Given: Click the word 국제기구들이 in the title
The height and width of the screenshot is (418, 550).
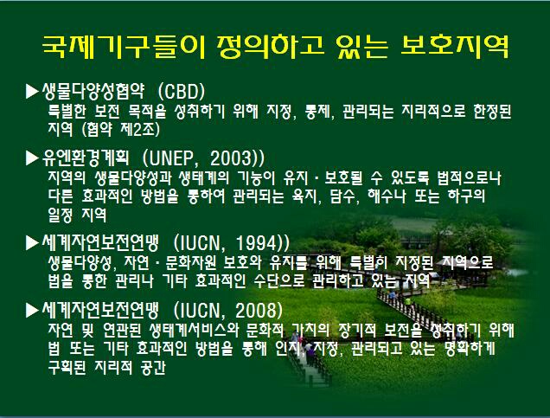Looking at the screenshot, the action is point(123,47).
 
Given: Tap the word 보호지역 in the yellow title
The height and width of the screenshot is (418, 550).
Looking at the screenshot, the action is point(455,47).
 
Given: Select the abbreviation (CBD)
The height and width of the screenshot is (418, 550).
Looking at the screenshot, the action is point(182,91).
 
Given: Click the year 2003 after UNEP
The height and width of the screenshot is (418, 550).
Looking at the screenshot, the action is point(232,158).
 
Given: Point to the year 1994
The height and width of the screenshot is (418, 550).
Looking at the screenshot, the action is point(257,242).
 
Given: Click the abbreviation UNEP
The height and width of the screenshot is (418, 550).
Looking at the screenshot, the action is point(171,158).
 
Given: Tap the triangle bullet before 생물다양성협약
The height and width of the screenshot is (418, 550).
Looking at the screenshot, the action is point(32,91).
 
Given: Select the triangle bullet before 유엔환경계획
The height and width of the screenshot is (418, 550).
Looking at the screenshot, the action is point(32,158).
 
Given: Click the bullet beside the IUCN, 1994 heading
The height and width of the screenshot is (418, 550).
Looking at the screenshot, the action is point(32,242).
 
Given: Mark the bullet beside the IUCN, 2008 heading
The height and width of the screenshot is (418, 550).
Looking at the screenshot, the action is point(32,310).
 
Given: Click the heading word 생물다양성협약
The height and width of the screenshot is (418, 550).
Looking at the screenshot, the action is point(93,91).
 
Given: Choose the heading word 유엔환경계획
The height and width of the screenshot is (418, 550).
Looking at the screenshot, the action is point(86,158).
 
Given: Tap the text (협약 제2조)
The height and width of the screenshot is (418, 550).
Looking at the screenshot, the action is point(120,129).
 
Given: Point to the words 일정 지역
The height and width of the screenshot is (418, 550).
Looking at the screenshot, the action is point(77,215).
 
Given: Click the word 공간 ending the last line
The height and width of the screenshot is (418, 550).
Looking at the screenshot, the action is point(152,367).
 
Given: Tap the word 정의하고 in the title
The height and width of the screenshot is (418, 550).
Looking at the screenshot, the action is point(271,47).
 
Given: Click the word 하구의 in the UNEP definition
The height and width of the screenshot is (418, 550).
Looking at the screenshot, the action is point(466,196).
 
